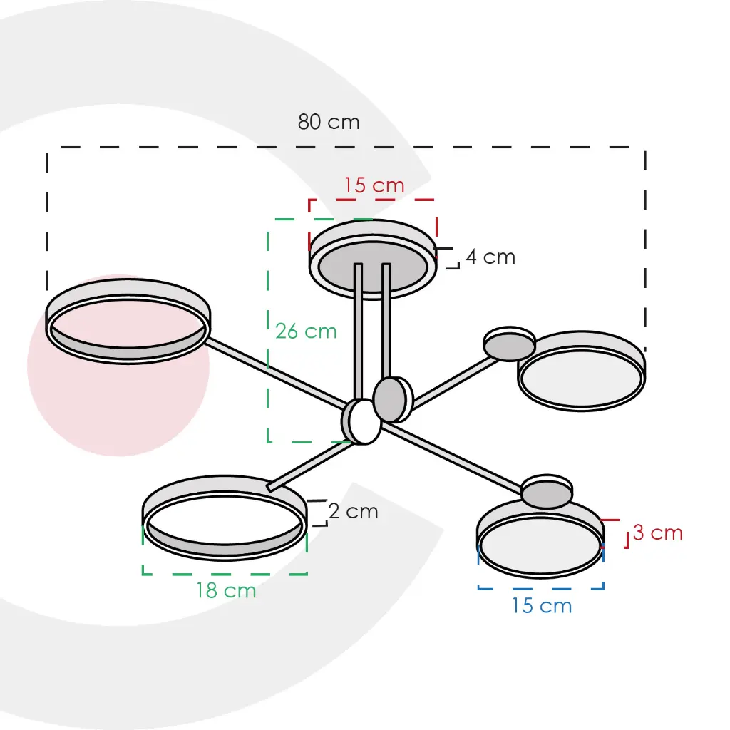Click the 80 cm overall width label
(x=329, y=122)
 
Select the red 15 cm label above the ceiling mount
(x=374, y=185)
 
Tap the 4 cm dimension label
(x=490, y=257)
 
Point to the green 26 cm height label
(x=306, y=331)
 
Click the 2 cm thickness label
(x=354, y=511)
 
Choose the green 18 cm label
(x=226, y=590)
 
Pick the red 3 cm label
(x=657, y=533)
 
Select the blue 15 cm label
(x=542, y=606)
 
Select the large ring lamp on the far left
(x=128, y=321)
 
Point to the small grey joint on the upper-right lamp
(x=509, y=346)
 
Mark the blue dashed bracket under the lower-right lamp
(x=540, y=587)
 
